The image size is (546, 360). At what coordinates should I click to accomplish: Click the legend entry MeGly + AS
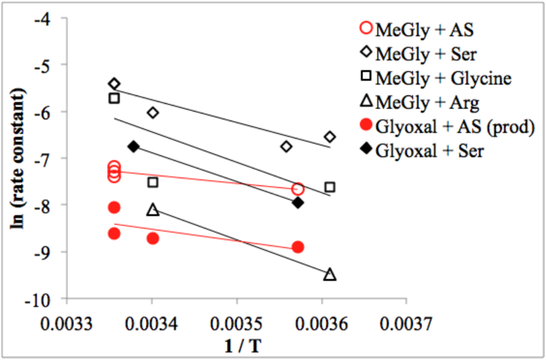click(424, 29)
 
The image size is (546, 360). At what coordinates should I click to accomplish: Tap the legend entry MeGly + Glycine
click(443, 78)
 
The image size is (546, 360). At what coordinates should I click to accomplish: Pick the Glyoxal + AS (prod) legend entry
click(453, 127)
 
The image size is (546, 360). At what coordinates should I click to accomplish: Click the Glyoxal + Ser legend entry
click(429, 151)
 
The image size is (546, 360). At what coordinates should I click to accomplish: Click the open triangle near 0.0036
click(330, 274)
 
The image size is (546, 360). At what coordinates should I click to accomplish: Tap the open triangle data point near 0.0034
click(153, 210)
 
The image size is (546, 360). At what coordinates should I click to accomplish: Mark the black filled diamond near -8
click(298, 202)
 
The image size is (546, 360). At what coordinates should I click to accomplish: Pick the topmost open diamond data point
click(114, 84)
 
